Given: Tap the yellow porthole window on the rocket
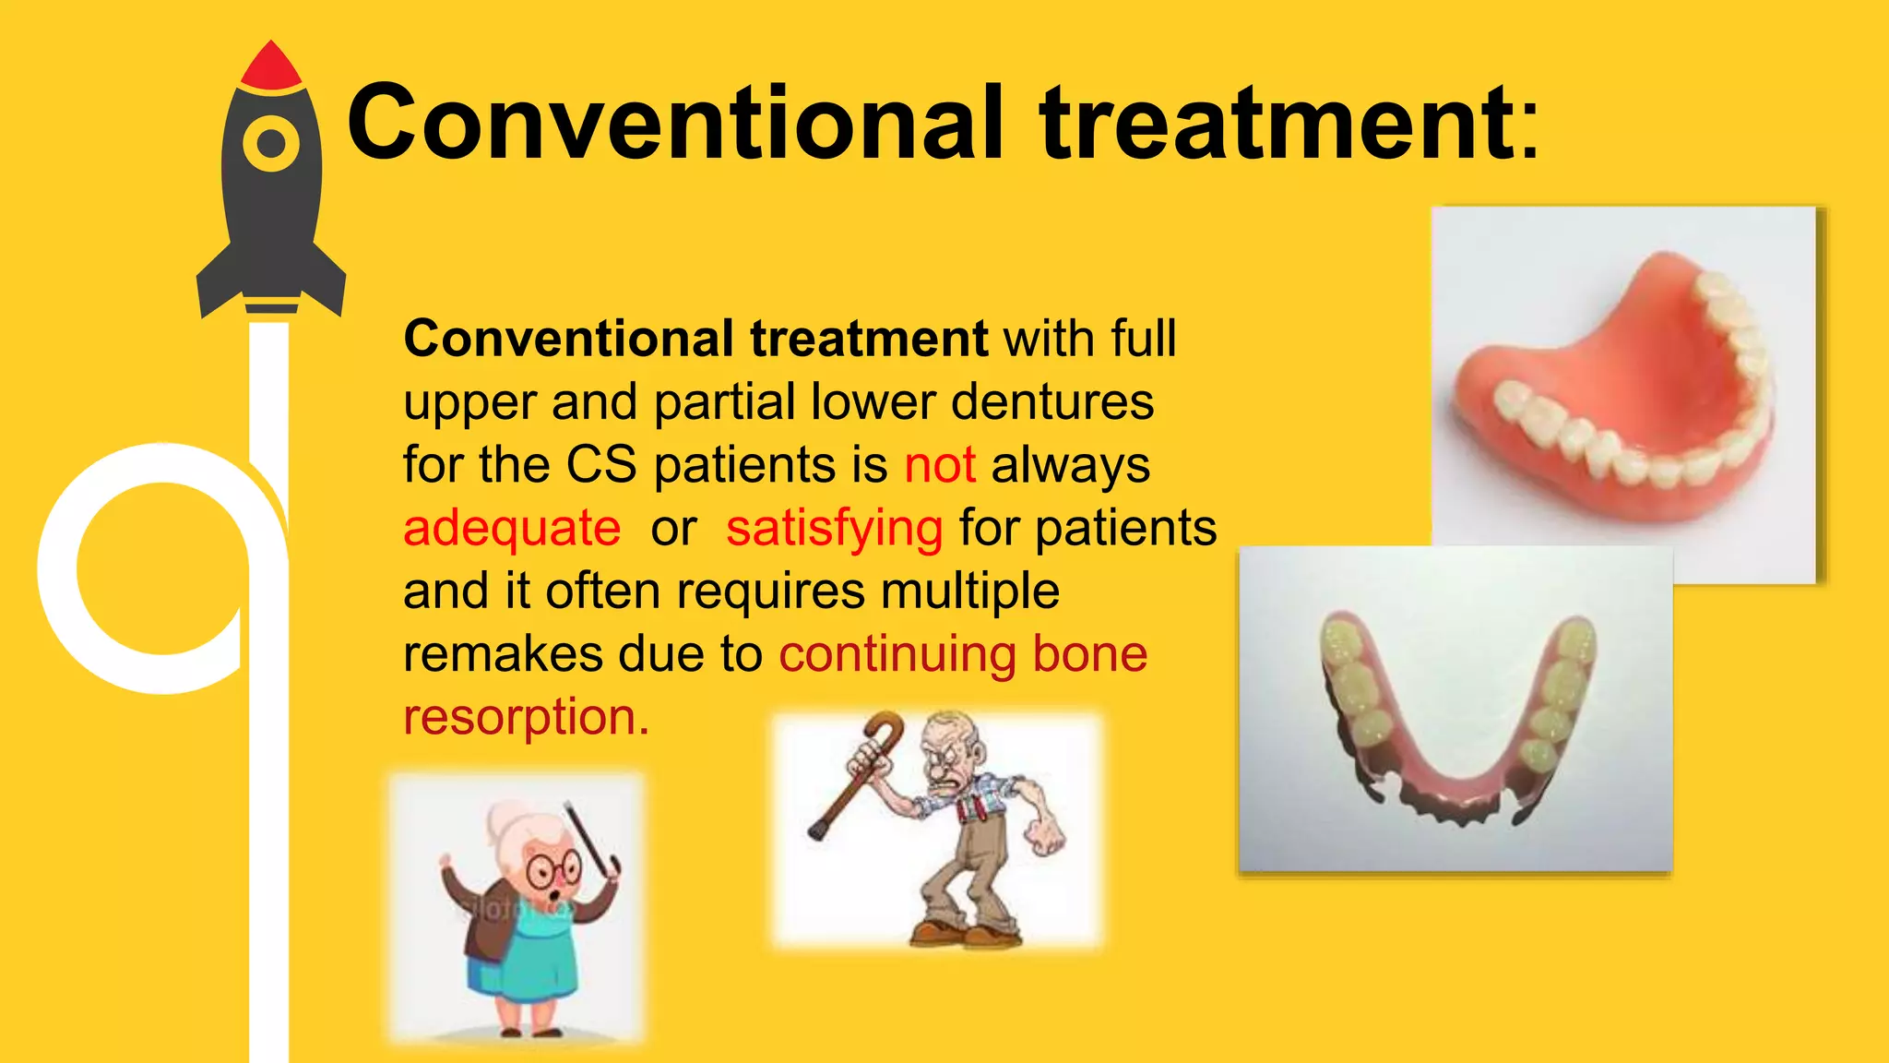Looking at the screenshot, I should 271,143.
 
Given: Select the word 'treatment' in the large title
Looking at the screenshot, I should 1277,122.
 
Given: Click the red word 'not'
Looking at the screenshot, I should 939,465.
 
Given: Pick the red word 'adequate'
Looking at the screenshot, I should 512,529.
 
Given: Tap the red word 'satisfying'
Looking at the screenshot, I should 834,529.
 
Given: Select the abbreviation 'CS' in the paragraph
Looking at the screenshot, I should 600,465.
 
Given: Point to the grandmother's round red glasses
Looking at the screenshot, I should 552,867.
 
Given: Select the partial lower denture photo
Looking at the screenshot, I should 1455,711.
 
